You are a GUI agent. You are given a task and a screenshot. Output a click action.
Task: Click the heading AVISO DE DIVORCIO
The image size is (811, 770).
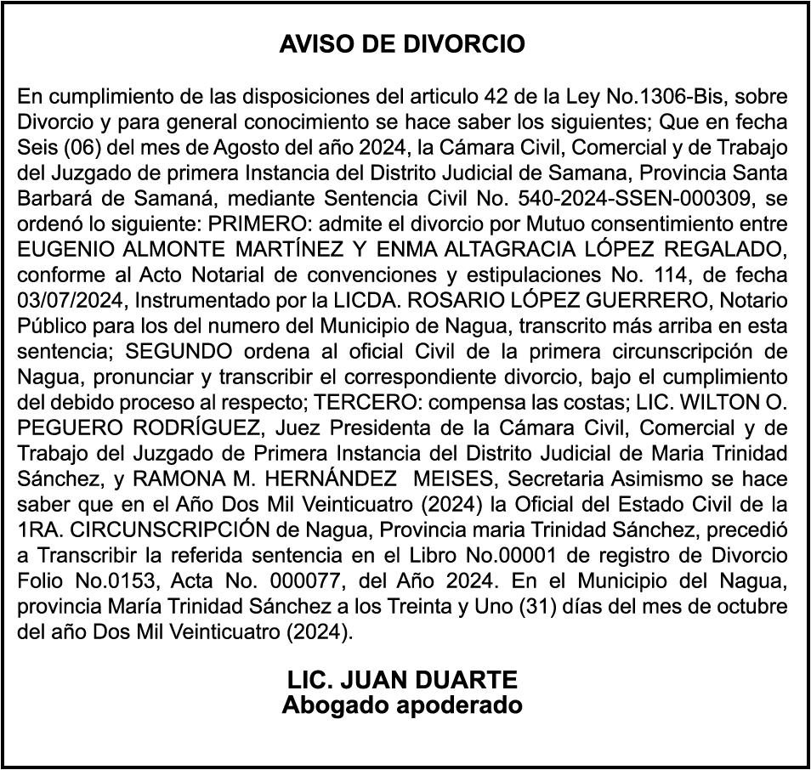coord(402,44)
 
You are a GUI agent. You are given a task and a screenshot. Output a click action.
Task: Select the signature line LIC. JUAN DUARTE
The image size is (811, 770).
coord(402,680)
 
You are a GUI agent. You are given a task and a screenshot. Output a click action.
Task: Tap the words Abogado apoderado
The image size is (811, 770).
coord(402,705)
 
